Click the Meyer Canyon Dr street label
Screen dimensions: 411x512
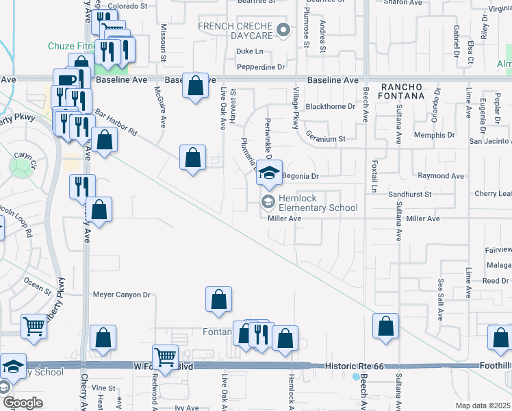pyautogui.click(x=121, y=295)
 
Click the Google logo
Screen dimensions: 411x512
pyautogui.click(x=23, y=403)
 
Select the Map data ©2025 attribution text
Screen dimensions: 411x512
pyautogui.click(x=483, y=406)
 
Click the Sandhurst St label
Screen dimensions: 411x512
pyautogui.click(x=410, y=195)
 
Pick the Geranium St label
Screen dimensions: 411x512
pyautogui.click(x=326, y=138)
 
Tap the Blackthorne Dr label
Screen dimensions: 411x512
pyautogui.click(x=331, y=107)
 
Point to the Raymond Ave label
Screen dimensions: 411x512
pyautogui.click(x=441, y=176)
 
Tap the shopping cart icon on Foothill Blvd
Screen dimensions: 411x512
pyautogui.click(x=164, y=356)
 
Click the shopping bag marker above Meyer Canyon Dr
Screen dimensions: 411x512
pyautogui.click(x=218, y=299)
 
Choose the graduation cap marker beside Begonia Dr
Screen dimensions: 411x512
pyautogui.click(x=270, y=173)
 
